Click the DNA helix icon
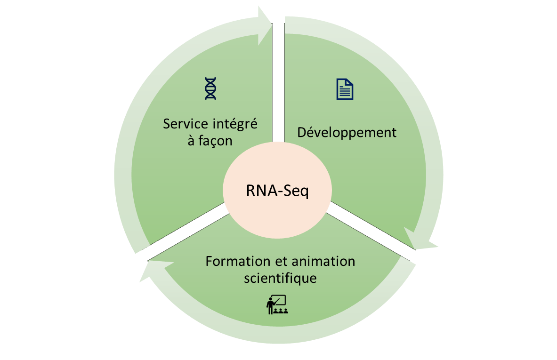coord(210,88)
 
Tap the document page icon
coord(345,89)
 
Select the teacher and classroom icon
coord(276,304)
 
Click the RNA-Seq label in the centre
coord(277,192)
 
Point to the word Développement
coord(347,132)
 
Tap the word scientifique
coord(280,278)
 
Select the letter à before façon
coord(191,141)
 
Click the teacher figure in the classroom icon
coord(270,305)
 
